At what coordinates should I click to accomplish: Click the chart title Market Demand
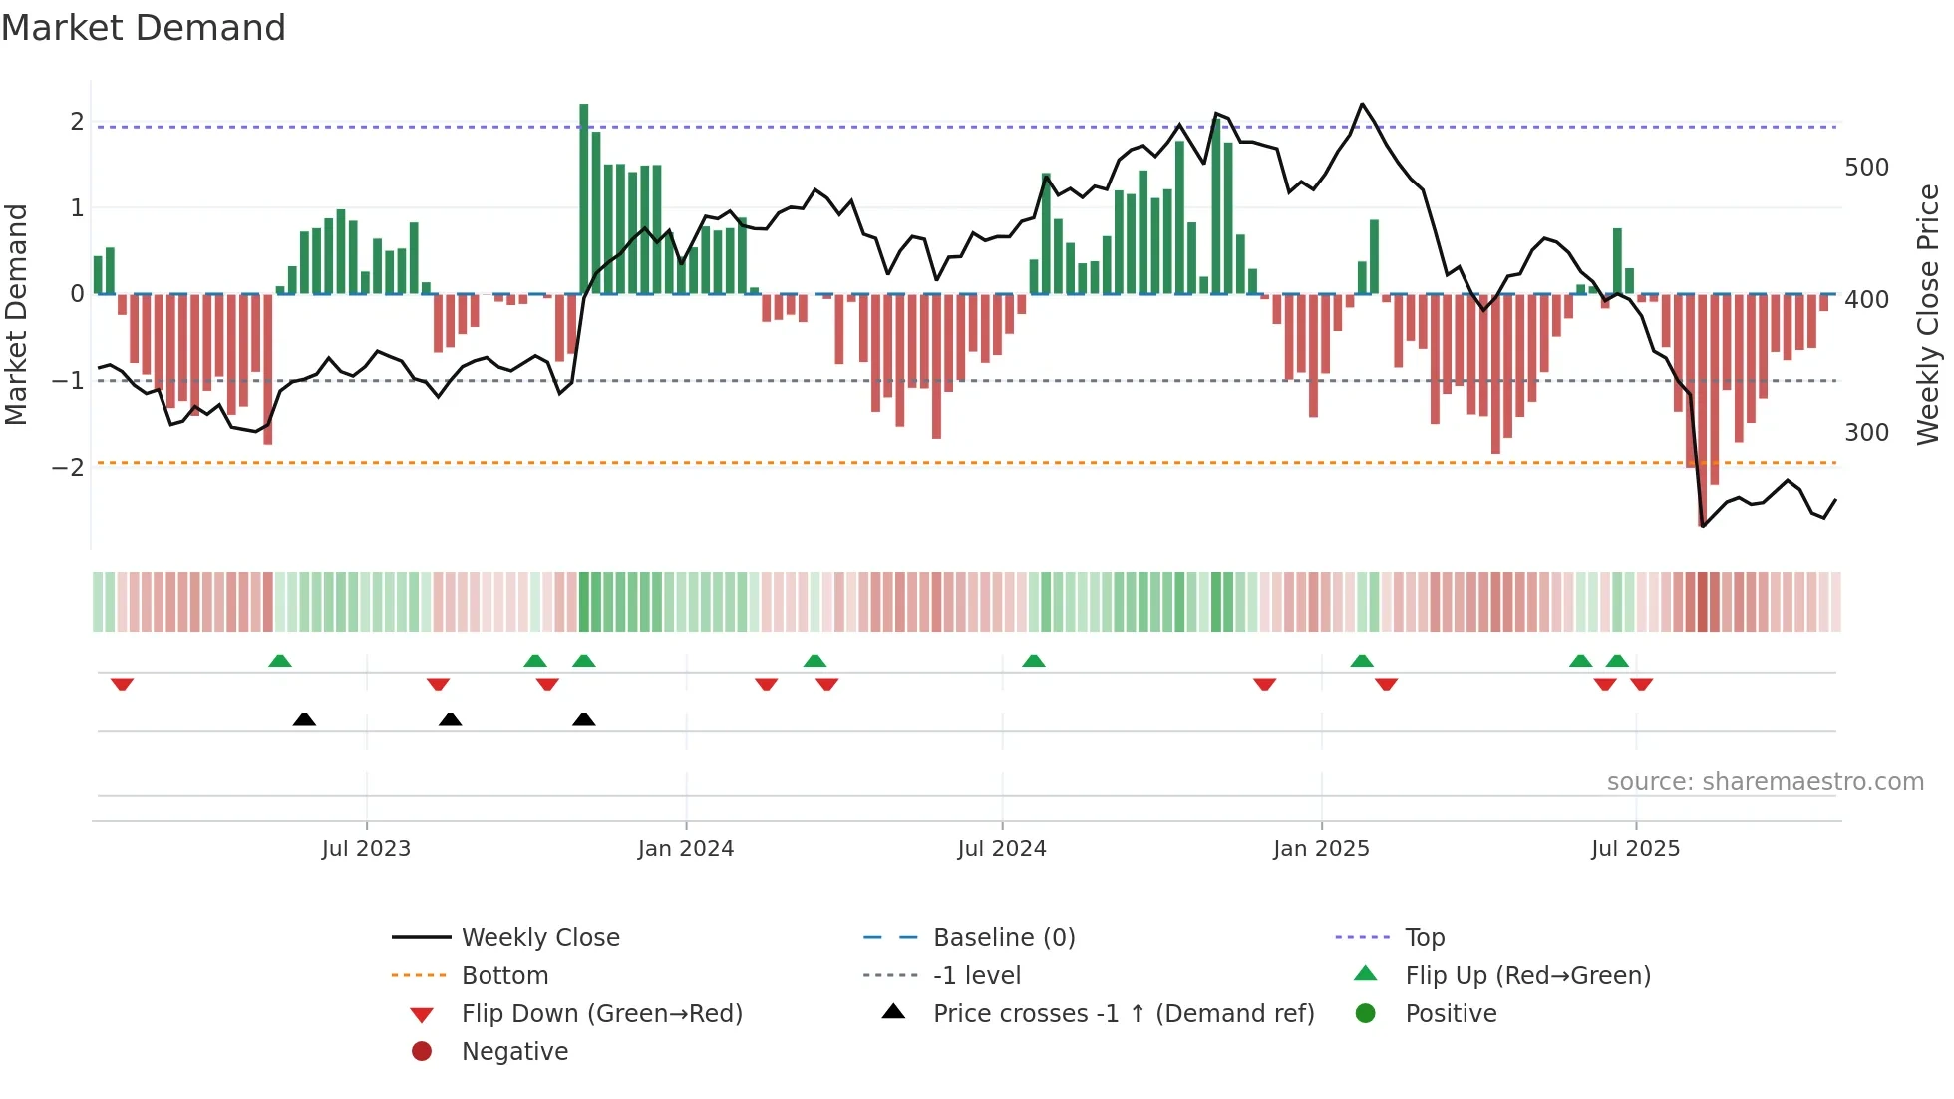(x=144, y=28)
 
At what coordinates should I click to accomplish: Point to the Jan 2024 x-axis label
(x=685, y=849)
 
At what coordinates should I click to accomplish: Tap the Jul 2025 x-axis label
(x=1635, y=849)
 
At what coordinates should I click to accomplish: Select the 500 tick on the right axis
(x=1866, y=168)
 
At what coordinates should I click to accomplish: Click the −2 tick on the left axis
(x=69, y=467)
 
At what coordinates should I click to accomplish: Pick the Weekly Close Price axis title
(x=1928, y=314)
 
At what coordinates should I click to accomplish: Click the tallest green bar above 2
(x=584, y=198)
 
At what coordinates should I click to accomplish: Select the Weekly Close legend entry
(x=539, y=938)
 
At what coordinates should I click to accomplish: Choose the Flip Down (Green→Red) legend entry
(x=601, y=1014)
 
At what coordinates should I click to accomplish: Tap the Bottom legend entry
(x=504, y=976)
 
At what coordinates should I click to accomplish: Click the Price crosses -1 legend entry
(x=1123, y=1014)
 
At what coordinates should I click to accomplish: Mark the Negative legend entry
(x=514, y=1052)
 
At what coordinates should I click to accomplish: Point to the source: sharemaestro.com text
(x=1765, y=782)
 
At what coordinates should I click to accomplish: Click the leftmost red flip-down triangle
(x=122, y=685)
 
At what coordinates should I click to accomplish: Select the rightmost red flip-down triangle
(x=1641, y=685)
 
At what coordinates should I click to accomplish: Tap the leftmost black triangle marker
(x=304, y=720)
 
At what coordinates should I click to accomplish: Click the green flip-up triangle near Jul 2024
(x=1033, y=661)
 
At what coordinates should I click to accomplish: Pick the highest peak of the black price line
(x=1362, y=104)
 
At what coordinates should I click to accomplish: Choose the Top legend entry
(x=1424, y=938)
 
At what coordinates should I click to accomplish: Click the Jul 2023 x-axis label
(x=366, y=849)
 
